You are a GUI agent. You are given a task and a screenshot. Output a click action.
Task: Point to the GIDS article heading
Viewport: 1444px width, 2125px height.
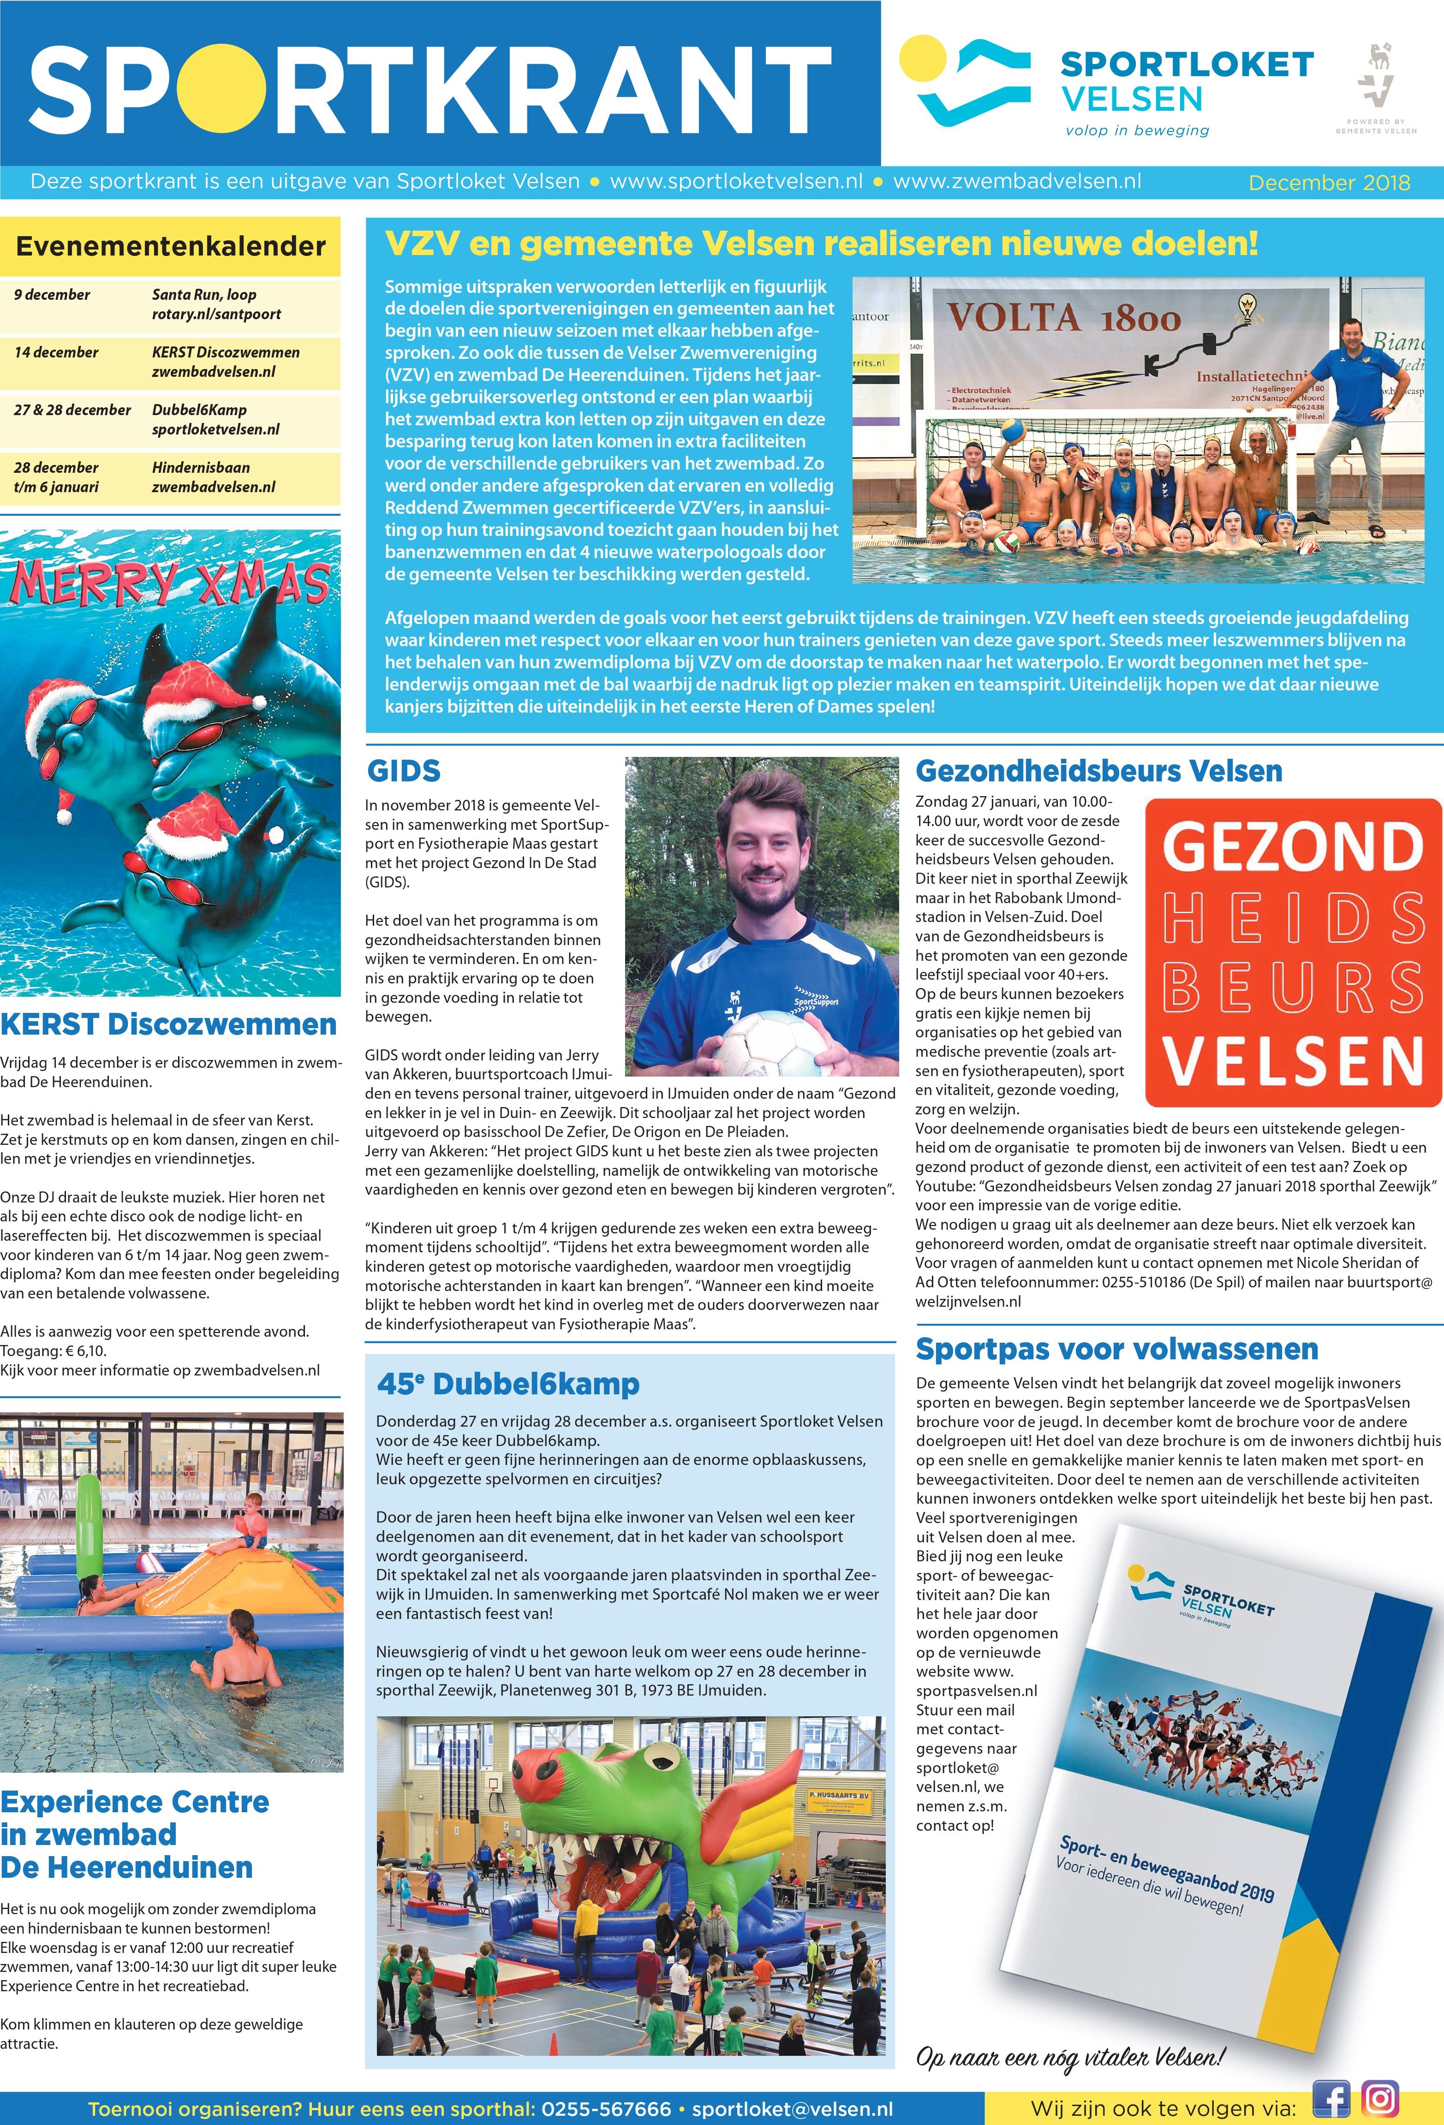pyautogui.click(x=403, y=771)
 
